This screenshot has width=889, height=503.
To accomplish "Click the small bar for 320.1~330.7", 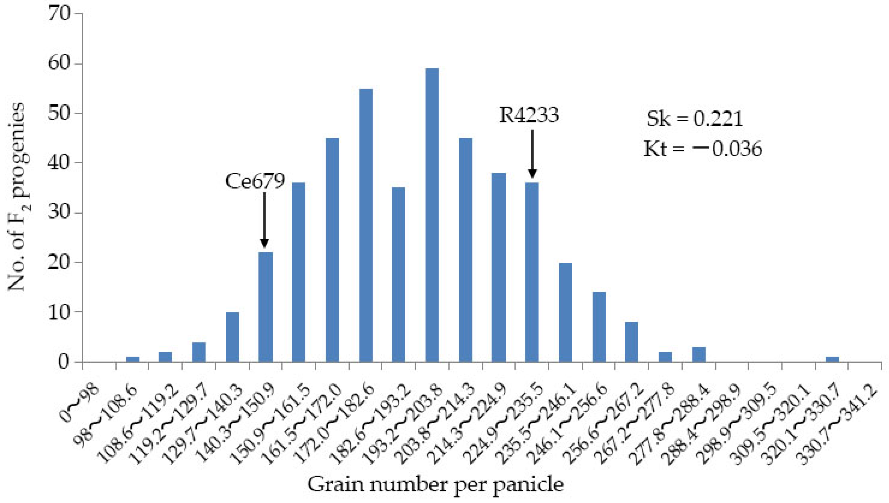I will point(832,359).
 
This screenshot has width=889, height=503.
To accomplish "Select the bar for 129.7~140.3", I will point(232,337).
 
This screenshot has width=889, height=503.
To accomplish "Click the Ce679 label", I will point(255,181).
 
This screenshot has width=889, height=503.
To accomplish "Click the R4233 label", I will point(529,115).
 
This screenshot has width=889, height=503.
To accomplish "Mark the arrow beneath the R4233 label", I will point(532,154).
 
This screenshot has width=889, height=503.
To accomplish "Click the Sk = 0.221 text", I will point(695,119).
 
